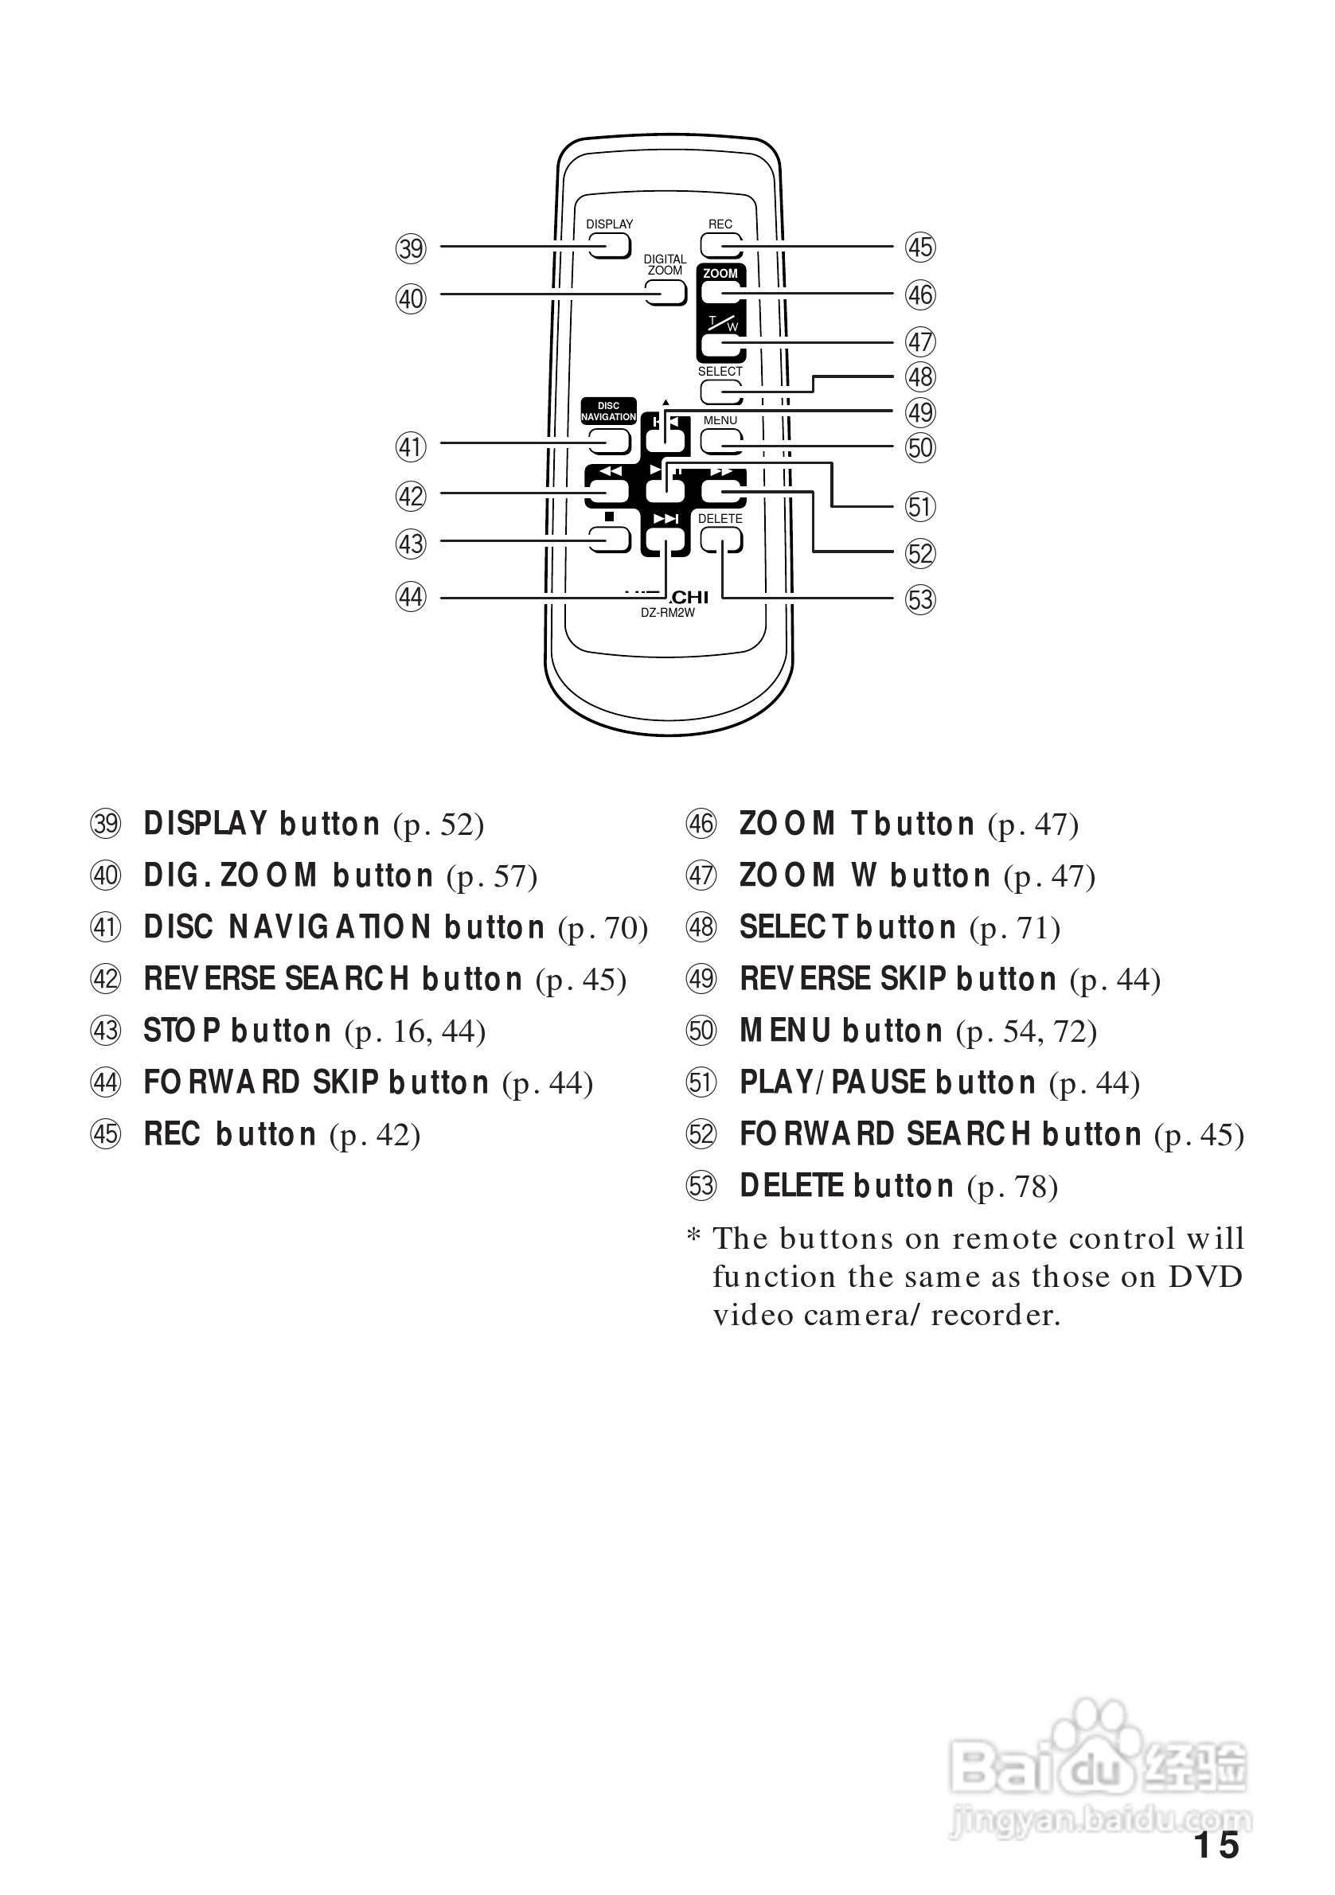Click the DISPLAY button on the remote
coord(609,246)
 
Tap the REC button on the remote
coord(720,245)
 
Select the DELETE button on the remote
coord(720,540)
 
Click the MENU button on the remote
coord(720,443)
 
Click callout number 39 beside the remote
coord(410,248)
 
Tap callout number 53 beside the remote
coord(919,599)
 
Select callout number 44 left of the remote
coord(410,597)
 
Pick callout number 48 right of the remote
coord(919,377)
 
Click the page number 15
coord(1216,1846)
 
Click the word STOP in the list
coord(182,1031)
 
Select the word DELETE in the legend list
coord(791,1186)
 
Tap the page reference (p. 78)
coord(1012,1187)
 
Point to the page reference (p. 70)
coord(603,929)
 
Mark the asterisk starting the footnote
coord(694,1236)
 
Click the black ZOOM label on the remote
coord(720,273)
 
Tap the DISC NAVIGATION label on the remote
coord(608,411)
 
